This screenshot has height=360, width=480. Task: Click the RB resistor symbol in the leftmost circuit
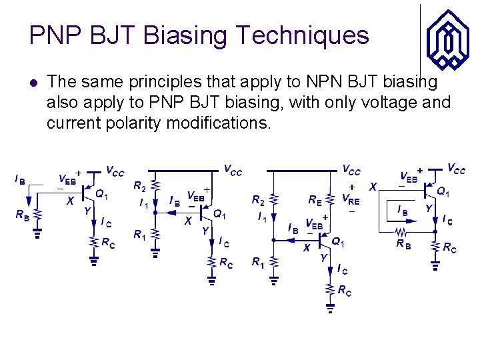38,215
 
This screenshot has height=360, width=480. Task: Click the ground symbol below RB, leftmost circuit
38,233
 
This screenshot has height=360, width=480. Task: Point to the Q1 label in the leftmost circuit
102,194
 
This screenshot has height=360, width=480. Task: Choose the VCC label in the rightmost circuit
456,169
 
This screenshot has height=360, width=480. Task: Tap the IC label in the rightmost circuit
447,221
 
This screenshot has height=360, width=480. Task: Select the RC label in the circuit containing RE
345,291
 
